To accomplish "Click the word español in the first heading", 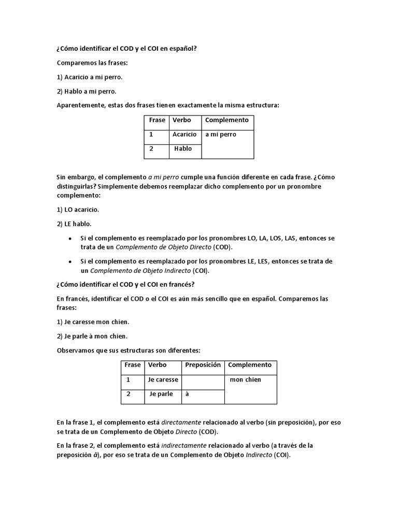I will (183, 49).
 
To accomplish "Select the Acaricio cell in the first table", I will (184, 135).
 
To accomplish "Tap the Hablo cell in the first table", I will (183, 149).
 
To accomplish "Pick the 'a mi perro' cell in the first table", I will (221, 135).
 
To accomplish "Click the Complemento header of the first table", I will (227, 120).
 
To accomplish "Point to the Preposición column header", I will (203, 365).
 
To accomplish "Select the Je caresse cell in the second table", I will (163, 380).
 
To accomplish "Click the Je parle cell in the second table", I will (161, 394).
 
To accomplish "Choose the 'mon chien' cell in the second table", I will (246, 380).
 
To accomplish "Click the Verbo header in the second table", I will (157, 365).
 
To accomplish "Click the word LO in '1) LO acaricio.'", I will (69, 210).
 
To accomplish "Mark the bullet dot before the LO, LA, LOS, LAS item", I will (70, 239).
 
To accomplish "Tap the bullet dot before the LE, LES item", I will (70, 262).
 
